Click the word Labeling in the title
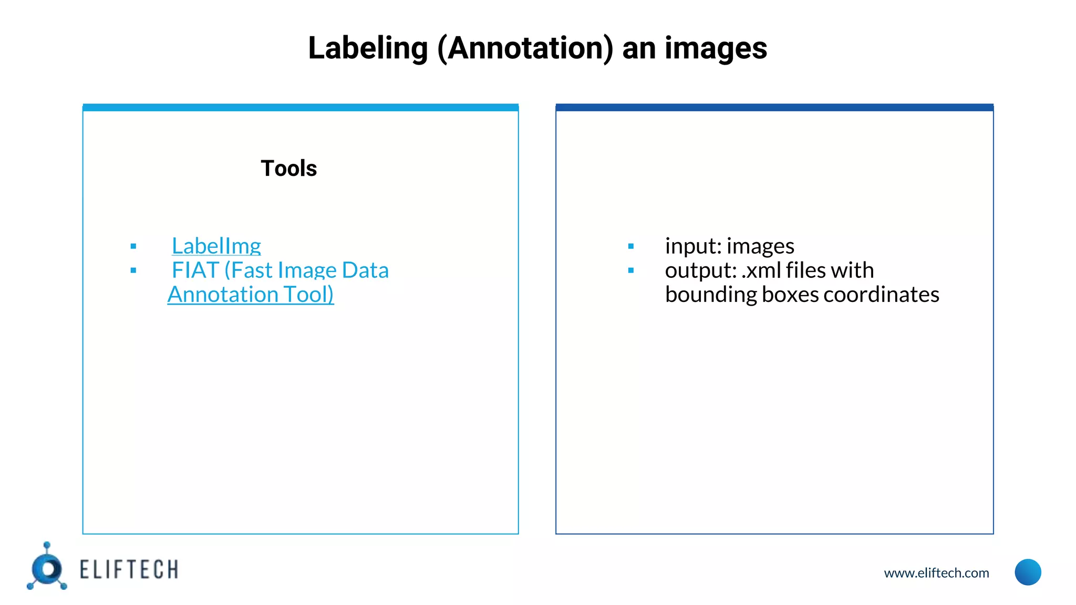tap(368, 48)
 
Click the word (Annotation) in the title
tap(525, 48)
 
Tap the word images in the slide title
tap(716, 48)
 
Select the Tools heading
tap(288, 169)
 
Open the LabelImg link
tap(216, 246)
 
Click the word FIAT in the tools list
tap(195, 270)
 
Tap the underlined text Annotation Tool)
tap(251, 295)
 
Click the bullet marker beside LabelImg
tap(133, 246)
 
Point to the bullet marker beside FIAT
tap(133, 270)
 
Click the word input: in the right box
tap(693, 246)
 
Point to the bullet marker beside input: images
tap(631, 246)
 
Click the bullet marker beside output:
tap(631, 270)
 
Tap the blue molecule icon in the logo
tap(47, 568)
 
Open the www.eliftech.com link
tap(936, 573)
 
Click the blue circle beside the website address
tap(1028, 572)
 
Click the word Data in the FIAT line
tap(365, 270)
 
